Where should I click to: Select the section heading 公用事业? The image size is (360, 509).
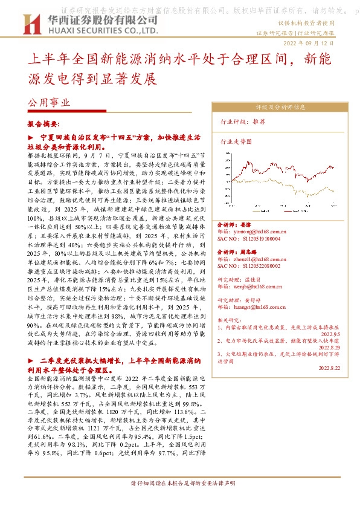(49, 103)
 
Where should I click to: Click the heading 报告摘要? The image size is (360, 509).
(44, 123)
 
